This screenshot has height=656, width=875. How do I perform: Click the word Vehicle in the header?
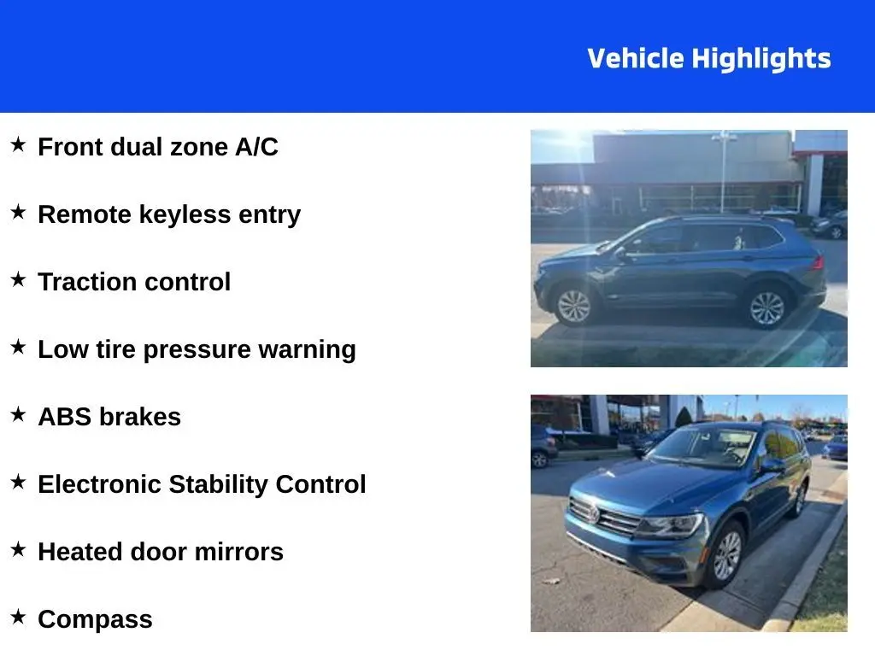[636, 58]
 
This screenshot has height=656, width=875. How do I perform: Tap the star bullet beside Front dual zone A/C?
[19, 144]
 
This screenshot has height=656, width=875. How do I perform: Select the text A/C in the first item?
[256, 147]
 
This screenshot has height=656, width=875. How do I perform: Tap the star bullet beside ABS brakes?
[19, 414]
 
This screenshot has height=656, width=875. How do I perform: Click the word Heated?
[80, 552]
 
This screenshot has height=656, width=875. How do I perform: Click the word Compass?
[95, 620]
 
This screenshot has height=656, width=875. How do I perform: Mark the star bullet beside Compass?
[19, 617]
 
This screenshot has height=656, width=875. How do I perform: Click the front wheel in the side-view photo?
[573, 307]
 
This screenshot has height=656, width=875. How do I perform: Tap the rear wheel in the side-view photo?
[766, 308]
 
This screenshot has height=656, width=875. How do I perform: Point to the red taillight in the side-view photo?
[817, 261]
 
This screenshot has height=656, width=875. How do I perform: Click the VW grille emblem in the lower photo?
[594, 512]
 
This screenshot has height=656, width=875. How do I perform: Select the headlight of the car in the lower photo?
[671, 525]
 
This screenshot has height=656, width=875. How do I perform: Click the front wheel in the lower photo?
[726, 556]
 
